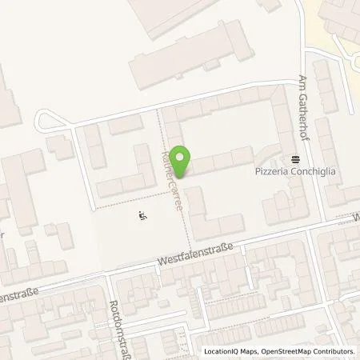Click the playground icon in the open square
[x=142, y=214]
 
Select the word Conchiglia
[x=297, y=171]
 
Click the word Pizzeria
[x=257, y=171]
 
